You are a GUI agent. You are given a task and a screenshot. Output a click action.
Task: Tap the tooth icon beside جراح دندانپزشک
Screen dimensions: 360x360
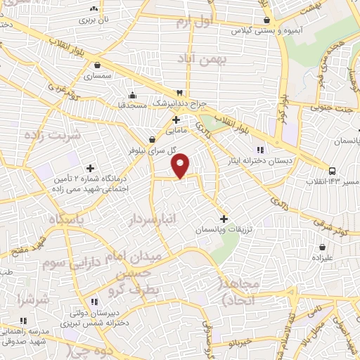click(x=180, y=92)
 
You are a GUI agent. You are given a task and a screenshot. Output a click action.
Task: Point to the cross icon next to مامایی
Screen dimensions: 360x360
click(x=175, y=120)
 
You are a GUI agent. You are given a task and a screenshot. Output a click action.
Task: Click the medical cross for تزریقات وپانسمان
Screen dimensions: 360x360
click(x=224, y=219)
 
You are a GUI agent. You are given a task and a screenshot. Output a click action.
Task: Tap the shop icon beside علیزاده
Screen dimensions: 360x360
click(x=323, y=247)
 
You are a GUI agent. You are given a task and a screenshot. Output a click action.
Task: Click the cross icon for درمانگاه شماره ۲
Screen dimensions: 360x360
click(x=90, y=168)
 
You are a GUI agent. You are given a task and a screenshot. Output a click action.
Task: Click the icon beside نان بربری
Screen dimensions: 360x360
click(x=94, y=8)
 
